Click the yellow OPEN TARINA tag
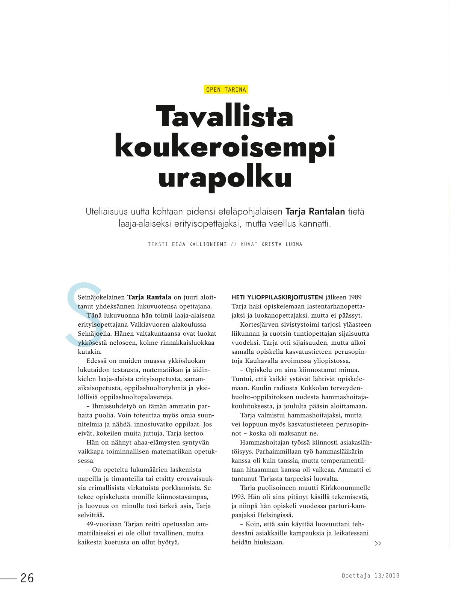tap(226, 89)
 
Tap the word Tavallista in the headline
tap(224, 117)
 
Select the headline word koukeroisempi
tap(225, 148)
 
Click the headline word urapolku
tap(225, 178)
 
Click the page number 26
tap(27, 578)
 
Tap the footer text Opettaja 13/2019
tap(370, 576)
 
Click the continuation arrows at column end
tap(378, 543)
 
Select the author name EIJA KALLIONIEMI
tap(199, 244)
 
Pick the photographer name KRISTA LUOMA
tap(282, 244)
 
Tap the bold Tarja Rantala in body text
tap(149, 297)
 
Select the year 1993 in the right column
tap(239, 497)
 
